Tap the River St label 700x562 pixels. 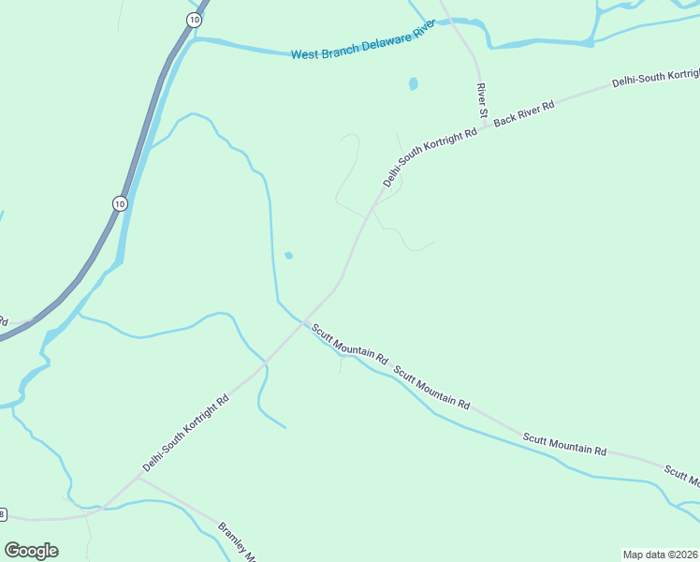483,100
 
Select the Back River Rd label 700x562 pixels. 524,111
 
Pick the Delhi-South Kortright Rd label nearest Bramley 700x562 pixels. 185,432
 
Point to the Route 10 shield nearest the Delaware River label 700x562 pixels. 193,20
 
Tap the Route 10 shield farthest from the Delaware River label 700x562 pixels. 119,202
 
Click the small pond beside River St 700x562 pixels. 413,84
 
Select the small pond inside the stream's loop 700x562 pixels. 288,256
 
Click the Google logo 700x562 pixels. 31,551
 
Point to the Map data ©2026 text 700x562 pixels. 660,555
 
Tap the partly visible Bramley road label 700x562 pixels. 237,541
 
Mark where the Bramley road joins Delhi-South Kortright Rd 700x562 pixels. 139,476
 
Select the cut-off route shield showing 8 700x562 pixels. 3,514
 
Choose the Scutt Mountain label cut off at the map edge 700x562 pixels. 681,476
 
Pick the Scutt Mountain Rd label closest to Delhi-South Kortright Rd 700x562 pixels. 350,344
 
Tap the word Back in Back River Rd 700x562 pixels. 504,119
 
